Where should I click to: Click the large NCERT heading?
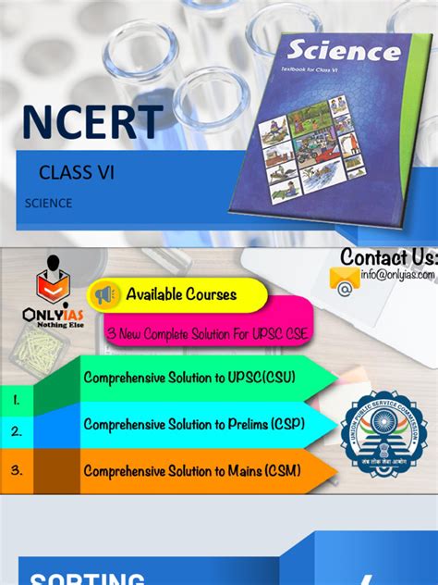(x=92, y=122)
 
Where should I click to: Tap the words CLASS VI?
(x=77, y=172)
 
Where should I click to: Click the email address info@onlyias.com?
(x=397, y=274)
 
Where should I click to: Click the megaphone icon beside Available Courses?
(x=103, y=295)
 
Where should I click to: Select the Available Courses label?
(x=181, y=295)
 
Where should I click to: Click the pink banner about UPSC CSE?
(x=207, y=332)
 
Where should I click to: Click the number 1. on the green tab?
(x=18, y=400)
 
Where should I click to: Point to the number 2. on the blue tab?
(x=17, y=431)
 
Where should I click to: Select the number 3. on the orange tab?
(x=17, y=469)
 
